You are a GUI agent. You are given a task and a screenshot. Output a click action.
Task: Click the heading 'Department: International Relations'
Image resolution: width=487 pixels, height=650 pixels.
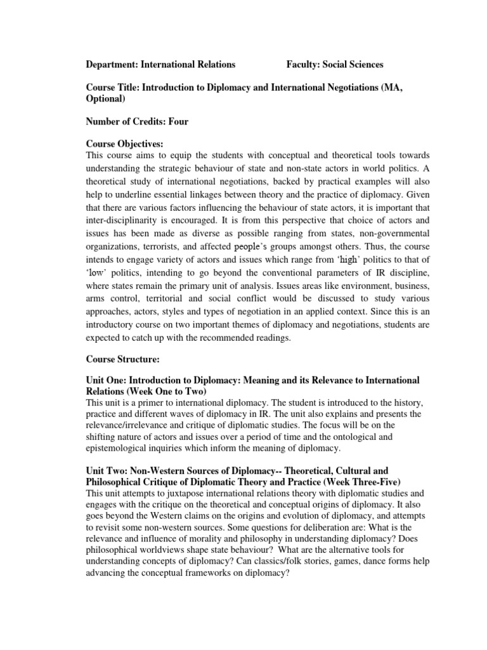(160, 64)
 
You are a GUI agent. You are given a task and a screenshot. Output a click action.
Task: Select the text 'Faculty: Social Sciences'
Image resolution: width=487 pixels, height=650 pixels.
(335, 64)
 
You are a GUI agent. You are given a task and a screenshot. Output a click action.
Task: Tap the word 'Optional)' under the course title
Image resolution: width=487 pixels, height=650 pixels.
(105, 100)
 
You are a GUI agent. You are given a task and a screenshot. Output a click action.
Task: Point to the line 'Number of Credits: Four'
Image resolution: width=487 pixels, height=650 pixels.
(137, 121)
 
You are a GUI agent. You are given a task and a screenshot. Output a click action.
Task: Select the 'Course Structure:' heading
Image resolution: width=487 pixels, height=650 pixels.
(122, 359)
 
